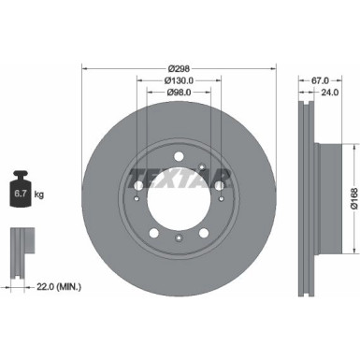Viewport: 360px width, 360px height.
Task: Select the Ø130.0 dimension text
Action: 180,81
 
